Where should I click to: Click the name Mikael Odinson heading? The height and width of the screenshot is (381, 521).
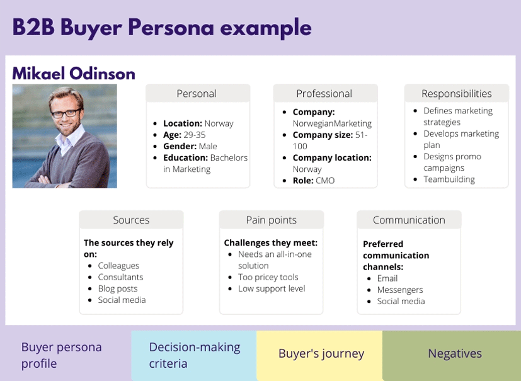click(74, 74)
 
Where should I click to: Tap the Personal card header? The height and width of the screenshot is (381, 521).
click(198, 93)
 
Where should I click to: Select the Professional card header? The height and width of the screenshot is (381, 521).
click(325, 93)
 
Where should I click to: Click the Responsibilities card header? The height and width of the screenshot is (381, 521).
click(457, 93)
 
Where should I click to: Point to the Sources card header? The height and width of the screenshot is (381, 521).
click(131, 220)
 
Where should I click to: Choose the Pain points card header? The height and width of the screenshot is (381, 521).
click(271, 220)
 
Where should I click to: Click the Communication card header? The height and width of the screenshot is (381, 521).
click(409, 220)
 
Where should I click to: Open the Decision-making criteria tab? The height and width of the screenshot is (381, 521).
click(194, 355)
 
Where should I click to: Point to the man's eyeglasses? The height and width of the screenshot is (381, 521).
click(66, 113)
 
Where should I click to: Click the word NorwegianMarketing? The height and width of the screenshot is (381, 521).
click(332, 123)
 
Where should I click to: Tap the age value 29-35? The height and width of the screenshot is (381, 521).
click(195, 135)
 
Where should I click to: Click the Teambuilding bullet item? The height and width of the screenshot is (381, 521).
click(449, 179)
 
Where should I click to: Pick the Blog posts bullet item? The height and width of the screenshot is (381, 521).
click(118, 288)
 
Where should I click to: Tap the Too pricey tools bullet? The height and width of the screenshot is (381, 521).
click(268, 277)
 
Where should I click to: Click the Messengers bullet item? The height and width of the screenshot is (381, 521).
click(400, 290)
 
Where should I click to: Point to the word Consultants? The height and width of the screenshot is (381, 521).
click(120, 277)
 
